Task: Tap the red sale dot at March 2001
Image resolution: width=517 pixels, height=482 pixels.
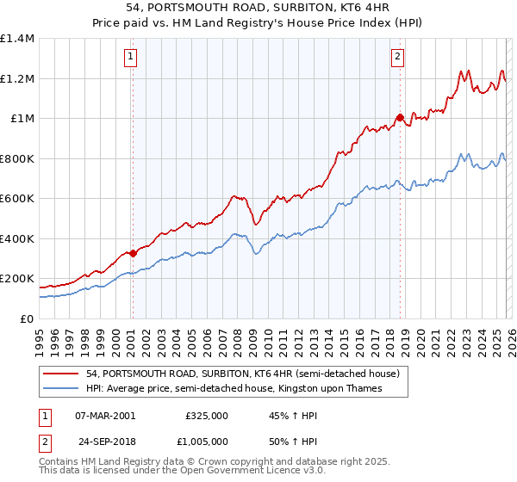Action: pyautogui.click(x=133, y=254)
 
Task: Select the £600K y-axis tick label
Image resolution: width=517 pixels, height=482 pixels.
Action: pyautogui.click(x=17, y=199)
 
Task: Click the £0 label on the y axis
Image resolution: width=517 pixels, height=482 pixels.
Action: pyautogui.click(x=26, y=318)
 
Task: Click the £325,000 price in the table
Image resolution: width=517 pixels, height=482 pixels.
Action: pyautogui.click(x=207, y=415)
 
